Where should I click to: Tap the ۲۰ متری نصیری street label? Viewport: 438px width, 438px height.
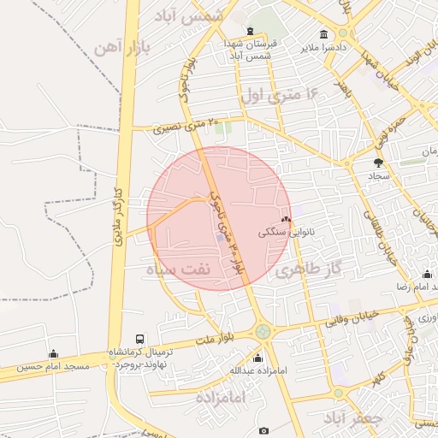(185, 127)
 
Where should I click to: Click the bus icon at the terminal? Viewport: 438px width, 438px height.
(140, 339)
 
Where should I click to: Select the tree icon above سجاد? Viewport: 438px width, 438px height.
(378, 162)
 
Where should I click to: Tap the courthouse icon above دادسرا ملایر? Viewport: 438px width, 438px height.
(324, 34)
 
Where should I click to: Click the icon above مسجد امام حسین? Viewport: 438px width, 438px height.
(54, 353)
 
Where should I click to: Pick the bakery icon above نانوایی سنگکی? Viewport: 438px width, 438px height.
(286, 219)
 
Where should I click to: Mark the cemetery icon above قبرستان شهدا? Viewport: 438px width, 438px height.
(249, 32)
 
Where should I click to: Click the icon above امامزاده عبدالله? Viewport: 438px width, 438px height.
(257, 358)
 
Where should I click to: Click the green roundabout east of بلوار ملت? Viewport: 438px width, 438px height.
(263, 331)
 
